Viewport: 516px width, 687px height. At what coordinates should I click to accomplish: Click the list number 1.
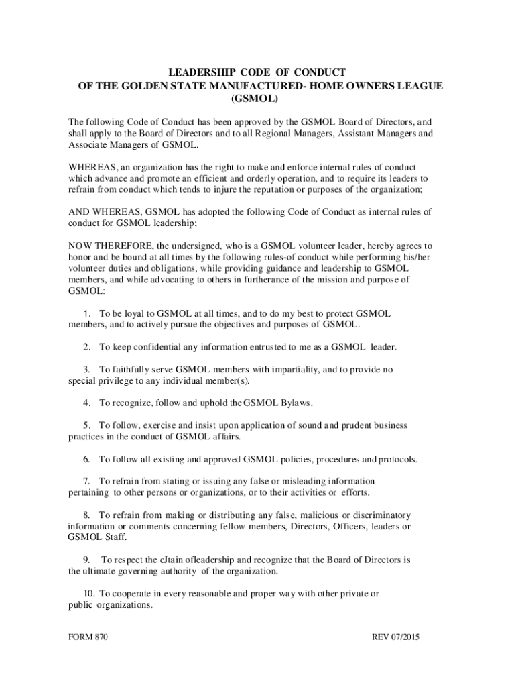[87, 314]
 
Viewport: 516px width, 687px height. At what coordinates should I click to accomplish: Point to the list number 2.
[87, 347]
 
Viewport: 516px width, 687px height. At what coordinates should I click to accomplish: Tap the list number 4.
[87, 403]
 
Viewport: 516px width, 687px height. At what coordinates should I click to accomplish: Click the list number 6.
[87, 460]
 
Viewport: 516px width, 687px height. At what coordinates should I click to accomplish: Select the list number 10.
[89, 593]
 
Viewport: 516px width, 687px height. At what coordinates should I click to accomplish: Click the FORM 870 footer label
[88, 637]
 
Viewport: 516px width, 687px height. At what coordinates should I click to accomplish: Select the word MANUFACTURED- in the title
[247, 85]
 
